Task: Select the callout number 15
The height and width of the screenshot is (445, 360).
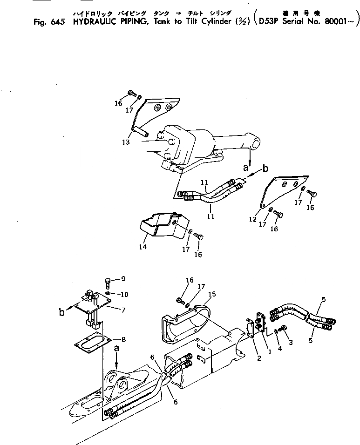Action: pos(212,294)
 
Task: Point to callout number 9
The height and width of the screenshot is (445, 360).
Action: pos(123,279)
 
